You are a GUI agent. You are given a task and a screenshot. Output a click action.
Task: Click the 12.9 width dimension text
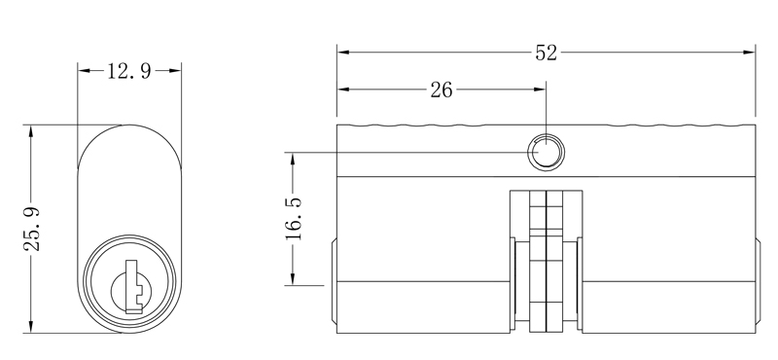pyautogui.click(x=129, y=72)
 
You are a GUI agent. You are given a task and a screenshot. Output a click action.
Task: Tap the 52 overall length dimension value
pyautogui.click(x=546, y=54)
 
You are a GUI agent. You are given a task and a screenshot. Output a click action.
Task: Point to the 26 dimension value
pyautogui.click(x=441, y=90)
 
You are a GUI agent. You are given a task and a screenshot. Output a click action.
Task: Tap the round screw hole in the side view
pyautogui.click(x=546, y=152)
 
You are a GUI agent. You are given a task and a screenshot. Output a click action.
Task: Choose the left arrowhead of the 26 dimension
pyautogui.click(x=343, y=90)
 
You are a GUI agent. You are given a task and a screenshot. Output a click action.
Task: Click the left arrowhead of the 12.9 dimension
pyautogui.click(x=84, y=72)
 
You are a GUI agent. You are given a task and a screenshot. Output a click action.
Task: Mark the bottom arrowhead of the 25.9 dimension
pyautogui.click(x=32, y=327)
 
